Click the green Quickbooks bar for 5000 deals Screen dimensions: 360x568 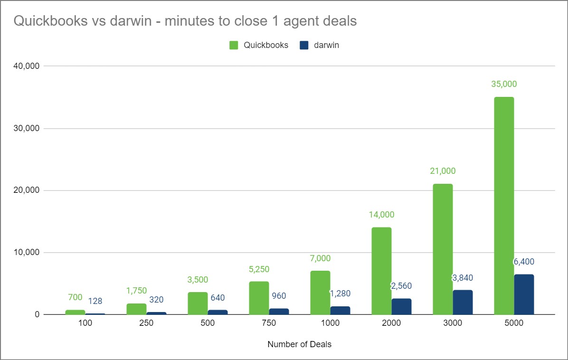coord(504,206)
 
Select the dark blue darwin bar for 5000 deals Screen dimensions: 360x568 coord(524,294)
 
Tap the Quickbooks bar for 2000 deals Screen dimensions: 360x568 coord(381,271)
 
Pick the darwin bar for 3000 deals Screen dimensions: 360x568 coord(463,302)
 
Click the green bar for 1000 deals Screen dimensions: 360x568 coord(320,293)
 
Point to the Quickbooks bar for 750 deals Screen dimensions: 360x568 coord(259,298)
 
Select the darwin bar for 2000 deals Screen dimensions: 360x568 coord(401,306)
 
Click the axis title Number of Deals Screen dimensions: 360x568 coord(299,344)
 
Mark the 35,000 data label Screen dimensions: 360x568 coord(504,84)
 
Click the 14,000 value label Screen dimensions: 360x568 coord(381,215)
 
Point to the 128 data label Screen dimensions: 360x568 coord(95,301)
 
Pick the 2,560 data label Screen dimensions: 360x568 coord(401,286)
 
